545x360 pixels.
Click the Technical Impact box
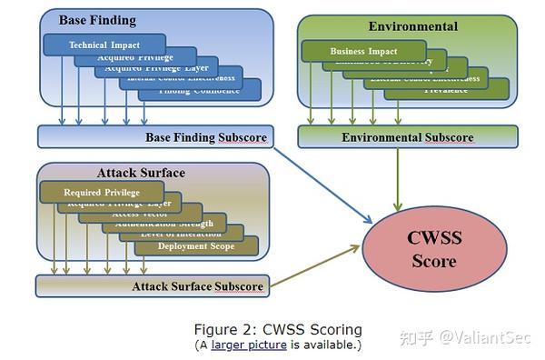[x=104, y=45]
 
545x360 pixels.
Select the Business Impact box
[x=363, y=52]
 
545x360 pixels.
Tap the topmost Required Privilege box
[x=102, y=192]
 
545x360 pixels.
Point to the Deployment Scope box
[x=198, y=246]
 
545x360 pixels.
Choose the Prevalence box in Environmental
[x=446, y=90]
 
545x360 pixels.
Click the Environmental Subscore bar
[x=407, y=137]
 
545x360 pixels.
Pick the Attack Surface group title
[x=141, y=173]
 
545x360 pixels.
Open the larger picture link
[x=249, y=345]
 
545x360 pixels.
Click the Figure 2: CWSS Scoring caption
[x=278, y=329]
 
